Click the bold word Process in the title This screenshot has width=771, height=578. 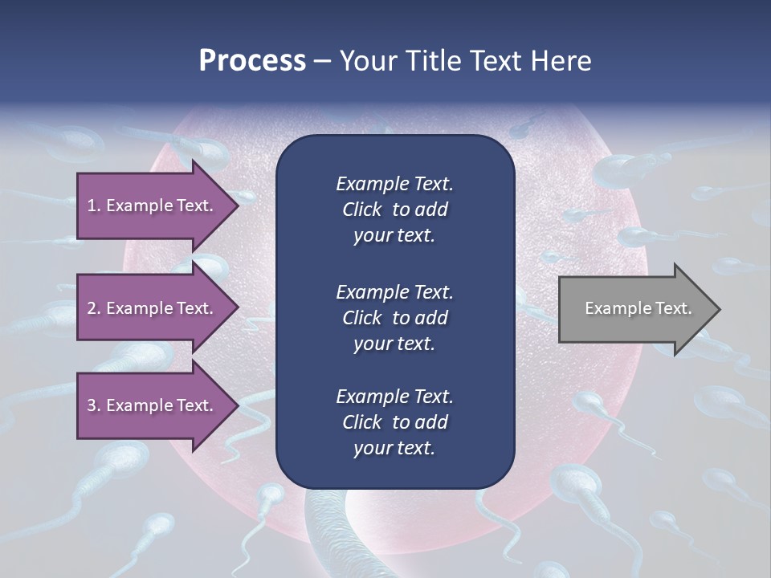(x=252, y=61)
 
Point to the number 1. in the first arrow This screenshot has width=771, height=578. (x=94, y=206)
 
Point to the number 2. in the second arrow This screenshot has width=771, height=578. (x=94, y=308)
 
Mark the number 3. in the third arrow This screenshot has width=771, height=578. (x=94, y=405)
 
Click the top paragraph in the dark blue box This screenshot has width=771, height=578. (x=394, y=210)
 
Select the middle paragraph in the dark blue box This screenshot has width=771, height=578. (x=394, y=318)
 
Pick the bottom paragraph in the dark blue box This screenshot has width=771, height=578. (x=394, y=422)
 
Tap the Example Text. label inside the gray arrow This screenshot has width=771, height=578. (x=638, y=308)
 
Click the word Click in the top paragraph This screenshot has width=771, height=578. (x=361, y=210)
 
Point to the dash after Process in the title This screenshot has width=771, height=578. (x=323, y=61)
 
